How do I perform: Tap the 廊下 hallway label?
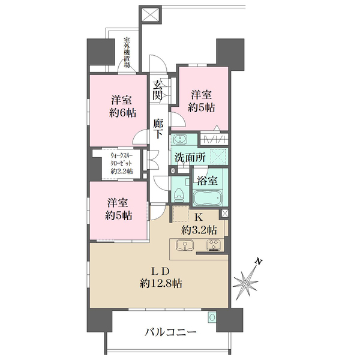click(x=158, y=128)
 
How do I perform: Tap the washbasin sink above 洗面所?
click(x=181, y=141)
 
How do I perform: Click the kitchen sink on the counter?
click(x=185, y=245)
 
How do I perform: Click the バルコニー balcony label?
click(x=170, y=332)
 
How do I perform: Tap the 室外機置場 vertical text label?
click(x=127, y=53)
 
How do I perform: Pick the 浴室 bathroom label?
click(x=209, y=179)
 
